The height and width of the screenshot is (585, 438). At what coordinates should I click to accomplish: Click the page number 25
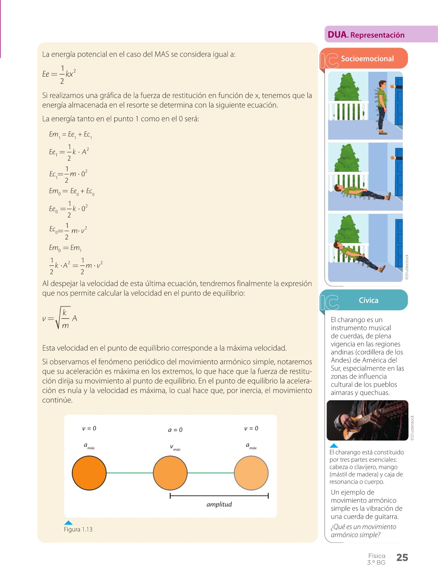point(402,557)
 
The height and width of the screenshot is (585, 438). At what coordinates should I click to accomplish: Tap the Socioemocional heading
point(367,59)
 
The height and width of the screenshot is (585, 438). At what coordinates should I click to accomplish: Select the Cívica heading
point(369,300)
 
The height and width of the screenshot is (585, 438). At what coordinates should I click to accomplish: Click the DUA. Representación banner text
point(366,35)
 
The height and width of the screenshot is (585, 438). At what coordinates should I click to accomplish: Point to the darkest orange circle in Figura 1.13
point(89,473)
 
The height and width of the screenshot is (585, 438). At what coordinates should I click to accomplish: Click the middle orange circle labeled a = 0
point(170,473)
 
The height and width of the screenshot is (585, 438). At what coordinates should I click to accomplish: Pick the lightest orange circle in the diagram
point(251,473)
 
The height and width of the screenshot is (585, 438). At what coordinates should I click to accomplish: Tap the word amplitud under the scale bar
point(219,504)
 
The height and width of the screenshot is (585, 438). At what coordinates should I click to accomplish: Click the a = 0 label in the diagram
point(175,430)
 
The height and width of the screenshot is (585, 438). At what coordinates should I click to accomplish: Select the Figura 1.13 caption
point(78,529)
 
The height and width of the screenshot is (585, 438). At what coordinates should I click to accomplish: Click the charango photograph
point(367,420)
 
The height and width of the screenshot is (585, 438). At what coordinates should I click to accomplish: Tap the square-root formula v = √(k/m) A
point(60,318)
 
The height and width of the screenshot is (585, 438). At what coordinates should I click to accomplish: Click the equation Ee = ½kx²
point(59,74)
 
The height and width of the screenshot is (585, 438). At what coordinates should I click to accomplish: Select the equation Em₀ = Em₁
point(65,248)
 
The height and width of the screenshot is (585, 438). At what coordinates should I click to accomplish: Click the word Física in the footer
point(377,556)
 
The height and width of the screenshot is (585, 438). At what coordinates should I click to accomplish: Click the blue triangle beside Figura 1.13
point(68,523)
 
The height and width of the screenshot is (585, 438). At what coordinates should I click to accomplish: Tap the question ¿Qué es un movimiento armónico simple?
point(363,531)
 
